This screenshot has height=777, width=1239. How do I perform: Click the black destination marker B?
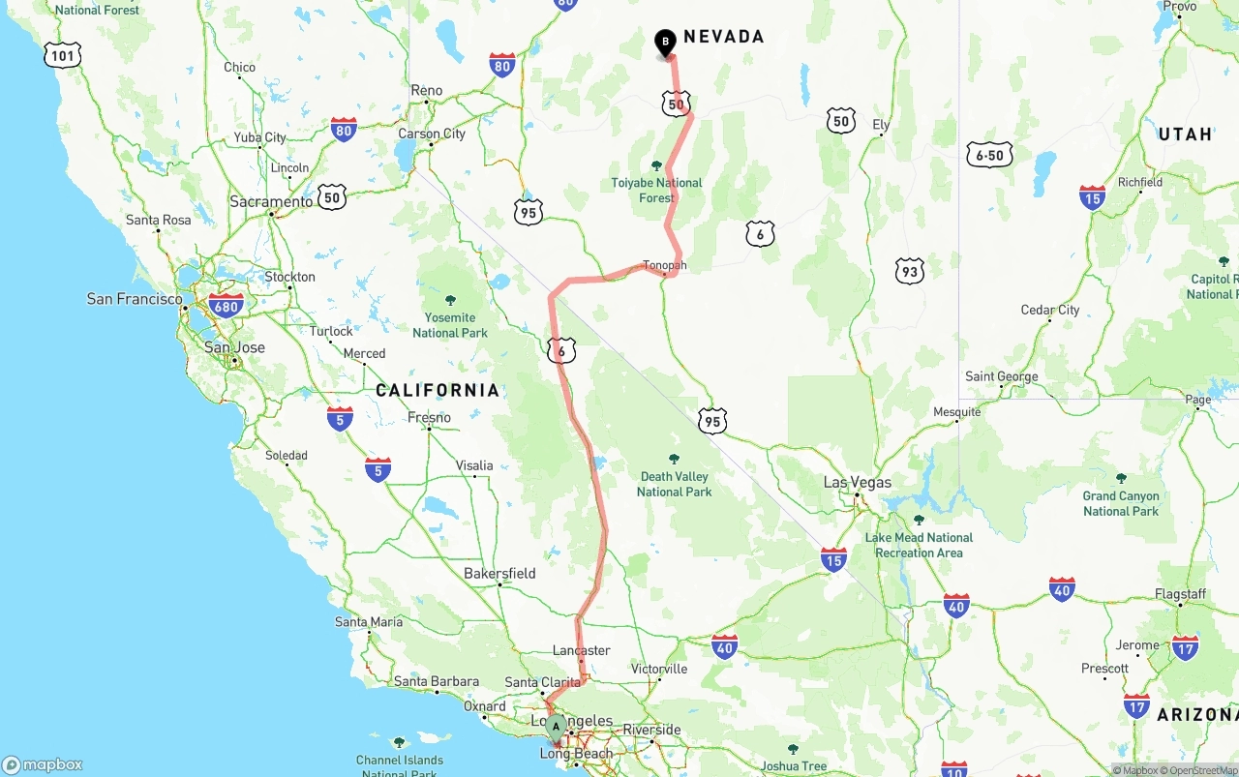[x=665, y=43]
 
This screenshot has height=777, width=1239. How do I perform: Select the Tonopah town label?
[x=664, y=265]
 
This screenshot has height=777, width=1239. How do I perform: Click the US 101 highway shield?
[x=62, y=55]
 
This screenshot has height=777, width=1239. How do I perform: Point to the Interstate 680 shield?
[x=226, y=307]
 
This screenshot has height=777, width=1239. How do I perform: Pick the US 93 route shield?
[x=909, y=271]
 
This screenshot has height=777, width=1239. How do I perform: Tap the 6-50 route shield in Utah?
[x=989, y=155]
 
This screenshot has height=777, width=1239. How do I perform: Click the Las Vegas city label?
[x=857, y=482]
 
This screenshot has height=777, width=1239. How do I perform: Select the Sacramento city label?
[x=271, y=201]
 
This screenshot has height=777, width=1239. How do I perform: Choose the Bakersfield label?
[x=499, y=573]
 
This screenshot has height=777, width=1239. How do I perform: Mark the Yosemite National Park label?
[x=450, y=325]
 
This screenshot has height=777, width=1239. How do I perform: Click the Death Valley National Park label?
[x=674, y=484]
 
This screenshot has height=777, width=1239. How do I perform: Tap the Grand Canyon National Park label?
[x=1121, y=503]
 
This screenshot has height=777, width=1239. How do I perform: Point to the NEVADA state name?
[x=724, y=37]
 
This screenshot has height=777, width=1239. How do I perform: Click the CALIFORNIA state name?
[x=438, y=391]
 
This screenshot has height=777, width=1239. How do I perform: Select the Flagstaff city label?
[x=1180, y=594]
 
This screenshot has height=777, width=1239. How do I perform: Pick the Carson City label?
[x=432, y=134]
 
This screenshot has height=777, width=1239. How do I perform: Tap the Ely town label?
[x=881, y=125]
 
